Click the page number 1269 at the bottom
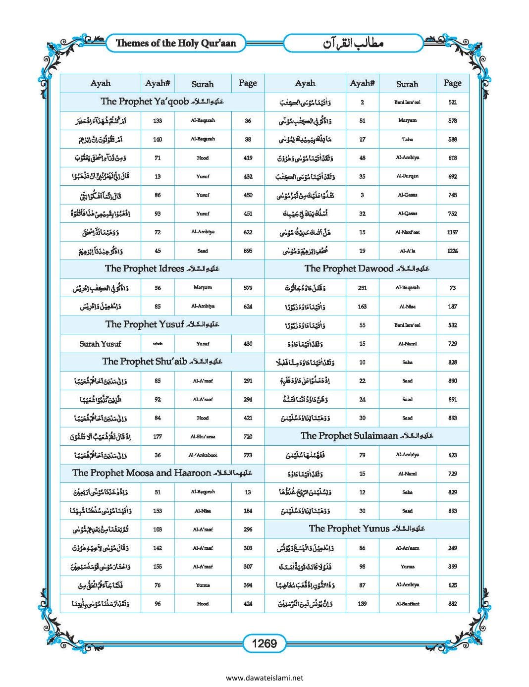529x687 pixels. pyautogui.click(x=264, y=643)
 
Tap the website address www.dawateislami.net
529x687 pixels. pyautogui.click(x=264, y=678)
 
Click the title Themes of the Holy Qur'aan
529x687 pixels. pyautogui.click(x=176, y=43)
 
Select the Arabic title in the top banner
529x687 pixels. pyautogui.click(x=353, y=44)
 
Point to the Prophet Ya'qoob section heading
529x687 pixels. pyautogui.click(x=162, y=102)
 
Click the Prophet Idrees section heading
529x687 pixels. pyautogui.click(x=162, y=268)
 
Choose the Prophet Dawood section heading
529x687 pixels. pyautogui.click(x=367, y=268)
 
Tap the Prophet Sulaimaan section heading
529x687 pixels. pyautogui.click(x=367, y=436)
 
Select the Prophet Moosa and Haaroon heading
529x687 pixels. pyautogui.click(x=162, y=473)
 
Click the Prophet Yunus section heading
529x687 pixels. pyautogui.click(x=367, y=528)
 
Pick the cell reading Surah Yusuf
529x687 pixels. pyautogui.click(x=100, y=344)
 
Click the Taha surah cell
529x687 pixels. pyautogui.click(x=407, y=140)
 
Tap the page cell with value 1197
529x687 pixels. pyautogui.click(x=452, y=232)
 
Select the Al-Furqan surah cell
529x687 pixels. pyautogui.click(x=407, y=176)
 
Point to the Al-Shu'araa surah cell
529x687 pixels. pyautogui.click(x=203, y=437)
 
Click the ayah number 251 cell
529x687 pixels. pyautogui.click(x=362, y=288)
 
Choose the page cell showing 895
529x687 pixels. pyautogui.click(x=248, y=251)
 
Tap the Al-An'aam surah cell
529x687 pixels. pyautogui.click(x=407, y=548)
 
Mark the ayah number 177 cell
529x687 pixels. pyautogui.click(x=158, y=437)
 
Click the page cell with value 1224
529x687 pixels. pyautogui.click(x=452, y=251)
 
